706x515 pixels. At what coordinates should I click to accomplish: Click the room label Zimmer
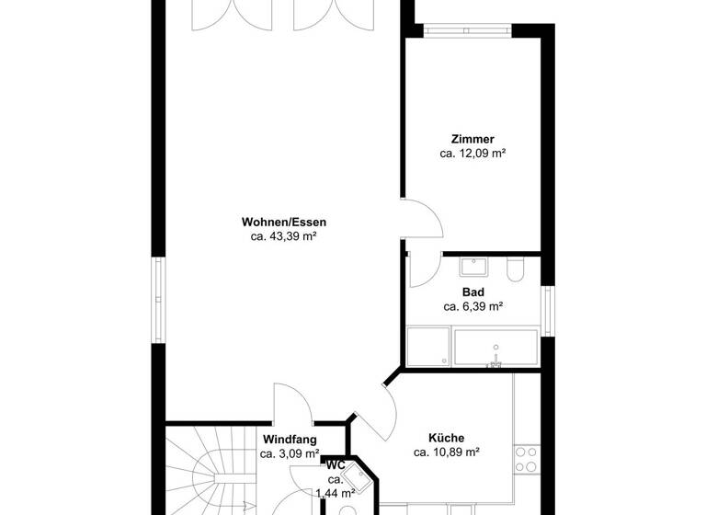click(x=473, y=139)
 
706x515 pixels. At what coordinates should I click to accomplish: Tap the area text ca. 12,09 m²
click(x=473, y=154)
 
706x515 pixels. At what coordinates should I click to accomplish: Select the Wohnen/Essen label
click(x=283, y=222)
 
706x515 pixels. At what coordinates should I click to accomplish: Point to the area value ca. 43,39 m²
click(x=283, y=236)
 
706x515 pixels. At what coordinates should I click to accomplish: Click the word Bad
click(x=473, y=292)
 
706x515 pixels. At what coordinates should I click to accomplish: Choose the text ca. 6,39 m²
click(x=473, y=306)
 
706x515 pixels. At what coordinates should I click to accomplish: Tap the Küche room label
click(x=446, y=438)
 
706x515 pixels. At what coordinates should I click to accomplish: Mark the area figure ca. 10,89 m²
click(x=446, y=452)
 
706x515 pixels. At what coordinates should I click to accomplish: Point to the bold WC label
click(x=336, y=465)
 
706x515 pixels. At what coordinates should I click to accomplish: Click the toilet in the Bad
click(x=516, y=269)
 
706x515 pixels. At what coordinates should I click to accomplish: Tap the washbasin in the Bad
click(x=473, y=268)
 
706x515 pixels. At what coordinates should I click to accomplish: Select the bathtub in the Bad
click(x=495, y=349)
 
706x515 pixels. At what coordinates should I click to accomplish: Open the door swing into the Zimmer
click(x=424, y=221)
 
